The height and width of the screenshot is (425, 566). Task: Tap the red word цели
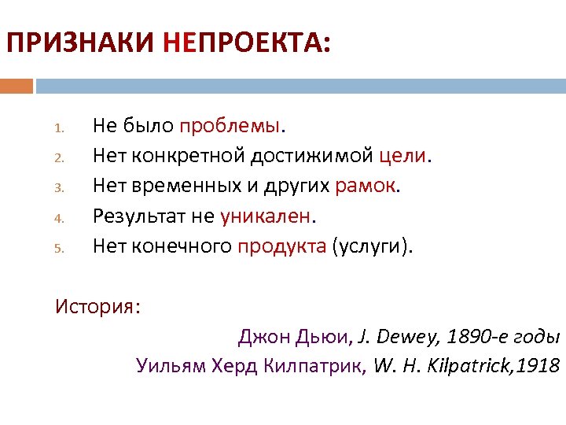point(403,157)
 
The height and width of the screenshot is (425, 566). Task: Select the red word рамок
point(366,187)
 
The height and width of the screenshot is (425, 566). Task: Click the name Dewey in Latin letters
point(408,338)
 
